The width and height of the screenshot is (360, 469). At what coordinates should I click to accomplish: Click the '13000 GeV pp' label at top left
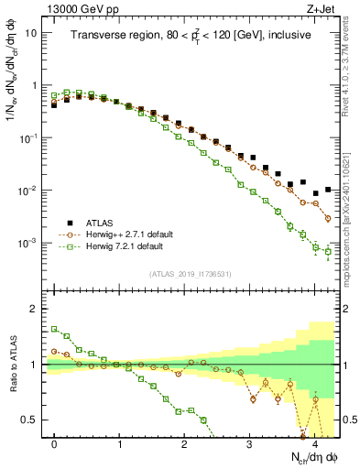click(76, 8)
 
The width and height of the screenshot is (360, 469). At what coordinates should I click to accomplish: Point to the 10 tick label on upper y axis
click(30, 33)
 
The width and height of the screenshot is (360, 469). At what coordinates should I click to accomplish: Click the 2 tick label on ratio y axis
click(35, 309)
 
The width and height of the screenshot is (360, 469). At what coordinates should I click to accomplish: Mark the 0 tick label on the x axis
click(55, 443)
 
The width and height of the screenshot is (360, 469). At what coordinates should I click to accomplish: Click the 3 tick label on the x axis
click(249, 443)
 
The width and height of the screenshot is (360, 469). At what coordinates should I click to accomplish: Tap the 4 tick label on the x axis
click(314, 443)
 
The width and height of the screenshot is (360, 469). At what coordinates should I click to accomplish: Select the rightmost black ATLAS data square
click(328, 190)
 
